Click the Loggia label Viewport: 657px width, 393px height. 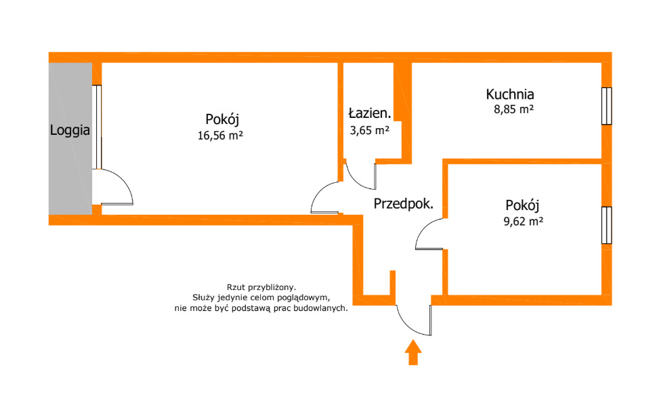pyautogui.click(x=70, y=131)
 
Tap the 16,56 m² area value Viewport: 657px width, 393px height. pyautogui.click(x=221, y=135)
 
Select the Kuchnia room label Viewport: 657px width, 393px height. pyautogui.click(x=510, y=94)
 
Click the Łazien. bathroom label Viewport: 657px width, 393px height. pyautogui.click(x=370, y=113)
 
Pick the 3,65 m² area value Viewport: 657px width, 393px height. pyautogui.click(x=369, y=129)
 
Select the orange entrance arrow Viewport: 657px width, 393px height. pyautogui.click(x=412, y=352)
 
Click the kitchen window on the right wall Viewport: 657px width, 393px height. pyautogui.click(x=607, y=106)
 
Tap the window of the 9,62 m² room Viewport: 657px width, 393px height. pyautogui.click(x=607, y=224)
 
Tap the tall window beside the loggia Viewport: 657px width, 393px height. pyautogui.click(x=98, y=127)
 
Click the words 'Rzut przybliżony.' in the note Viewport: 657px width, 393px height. pyautogui.click(x=261, y=287)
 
